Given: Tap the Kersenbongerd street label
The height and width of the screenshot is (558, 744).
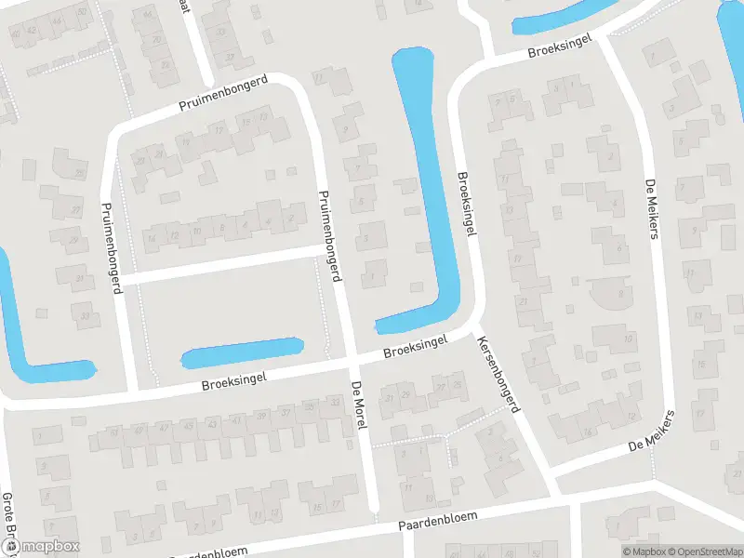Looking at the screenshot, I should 499,375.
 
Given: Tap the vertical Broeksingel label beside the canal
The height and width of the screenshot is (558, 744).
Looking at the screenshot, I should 467,204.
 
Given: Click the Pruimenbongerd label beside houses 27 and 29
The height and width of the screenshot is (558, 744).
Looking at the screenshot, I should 112,247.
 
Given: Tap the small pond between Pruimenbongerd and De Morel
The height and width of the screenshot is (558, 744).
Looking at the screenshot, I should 242,353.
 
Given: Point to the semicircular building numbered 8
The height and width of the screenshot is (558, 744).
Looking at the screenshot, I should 614,296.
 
